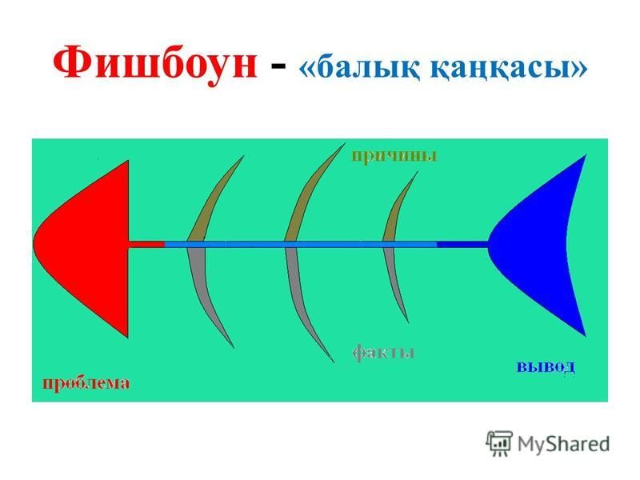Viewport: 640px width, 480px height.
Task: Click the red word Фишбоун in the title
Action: pos(155,66)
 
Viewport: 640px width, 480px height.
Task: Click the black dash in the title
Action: pos(278,67)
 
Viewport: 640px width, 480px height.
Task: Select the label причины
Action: pos(394,156)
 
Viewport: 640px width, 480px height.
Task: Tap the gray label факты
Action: pos(383,352)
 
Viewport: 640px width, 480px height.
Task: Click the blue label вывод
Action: pos(546,366)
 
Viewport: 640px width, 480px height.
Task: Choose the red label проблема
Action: pos(86,384)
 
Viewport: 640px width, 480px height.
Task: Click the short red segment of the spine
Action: pos(147,244)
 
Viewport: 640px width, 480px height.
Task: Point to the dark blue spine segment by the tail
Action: pos(462,244)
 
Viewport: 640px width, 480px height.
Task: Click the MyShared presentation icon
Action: pos(498,443)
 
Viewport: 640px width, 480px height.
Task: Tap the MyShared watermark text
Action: pos(564,444)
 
